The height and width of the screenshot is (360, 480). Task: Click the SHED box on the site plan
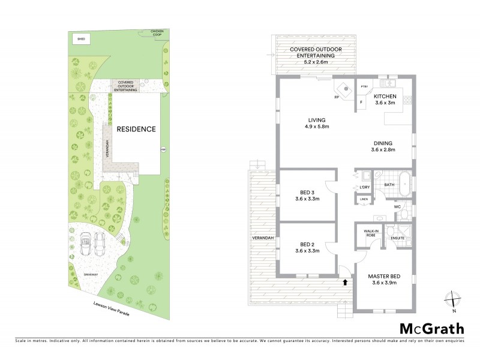81,39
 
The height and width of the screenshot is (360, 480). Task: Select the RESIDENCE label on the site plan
136,129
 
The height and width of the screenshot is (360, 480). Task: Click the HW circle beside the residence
163,149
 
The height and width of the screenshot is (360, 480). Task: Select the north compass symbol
454,298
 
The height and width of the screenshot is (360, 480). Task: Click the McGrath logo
432,328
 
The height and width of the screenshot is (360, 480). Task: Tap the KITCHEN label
385,96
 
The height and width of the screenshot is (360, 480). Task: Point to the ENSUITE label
397,238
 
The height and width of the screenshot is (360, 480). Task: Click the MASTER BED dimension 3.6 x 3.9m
385,283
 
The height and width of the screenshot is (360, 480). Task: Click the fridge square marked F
362,103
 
